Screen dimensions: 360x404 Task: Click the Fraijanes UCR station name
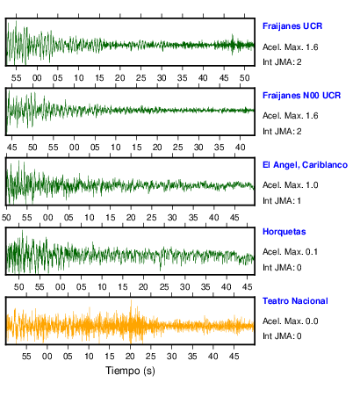pos(292,26)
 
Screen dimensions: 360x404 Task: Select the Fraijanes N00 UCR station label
pos(301,96)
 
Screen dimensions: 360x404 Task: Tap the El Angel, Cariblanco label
pos(305,165)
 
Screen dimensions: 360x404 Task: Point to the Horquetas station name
pos(284,232)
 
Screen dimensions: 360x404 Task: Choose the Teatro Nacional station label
pos(295,301)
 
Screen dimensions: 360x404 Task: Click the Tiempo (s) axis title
pos(130,371)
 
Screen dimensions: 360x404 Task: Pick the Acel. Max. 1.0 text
pos(290,185)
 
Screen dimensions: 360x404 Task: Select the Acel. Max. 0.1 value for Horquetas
pos(290,252)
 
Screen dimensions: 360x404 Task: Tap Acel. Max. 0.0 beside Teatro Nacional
pos(290,321)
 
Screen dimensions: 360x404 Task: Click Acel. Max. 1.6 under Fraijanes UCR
pos(290,47)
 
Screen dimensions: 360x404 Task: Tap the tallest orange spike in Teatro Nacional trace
pos(131,301)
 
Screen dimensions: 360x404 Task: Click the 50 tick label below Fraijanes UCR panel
pos(244,78)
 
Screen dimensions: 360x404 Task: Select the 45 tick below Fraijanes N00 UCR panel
pos(11,147)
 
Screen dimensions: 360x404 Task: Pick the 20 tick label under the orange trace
pos(130,357)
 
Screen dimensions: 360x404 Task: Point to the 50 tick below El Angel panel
pos(6,218)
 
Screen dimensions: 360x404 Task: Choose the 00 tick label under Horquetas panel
pos(61,287)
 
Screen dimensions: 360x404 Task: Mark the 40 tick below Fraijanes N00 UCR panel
pos(240,147)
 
